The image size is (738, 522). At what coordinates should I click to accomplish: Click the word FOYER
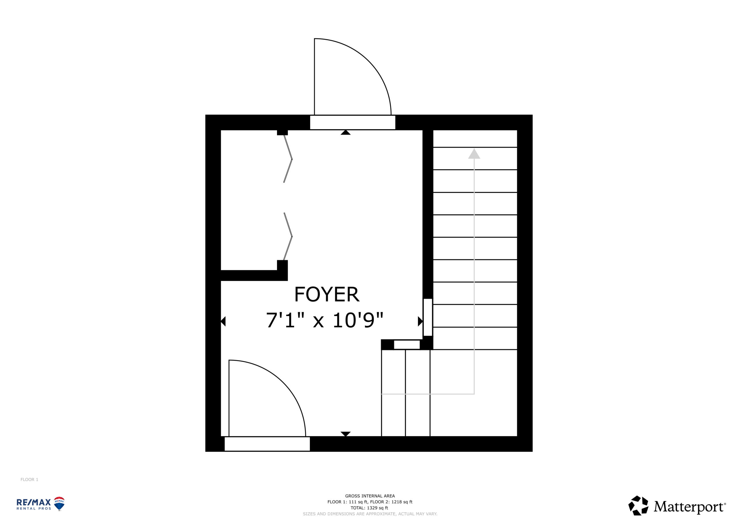[x=327, y=294]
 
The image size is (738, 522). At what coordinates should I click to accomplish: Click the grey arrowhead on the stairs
[x=474, y=153]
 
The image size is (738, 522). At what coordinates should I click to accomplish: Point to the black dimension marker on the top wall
[x=346, y=132]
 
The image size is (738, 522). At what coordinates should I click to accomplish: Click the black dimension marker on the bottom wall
[x=346, y=434]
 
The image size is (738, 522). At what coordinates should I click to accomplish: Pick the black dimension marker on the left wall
[x=223, y=321]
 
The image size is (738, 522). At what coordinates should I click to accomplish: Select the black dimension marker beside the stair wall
[x=420, y=321]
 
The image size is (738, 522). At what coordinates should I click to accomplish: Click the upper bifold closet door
[x=288, y=159]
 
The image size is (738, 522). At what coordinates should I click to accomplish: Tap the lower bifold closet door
[x=288, y=236]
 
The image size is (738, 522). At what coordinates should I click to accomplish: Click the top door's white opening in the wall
[x=353, y=123]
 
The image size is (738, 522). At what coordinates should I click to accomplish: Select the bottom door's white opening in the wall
[x=267, y=444]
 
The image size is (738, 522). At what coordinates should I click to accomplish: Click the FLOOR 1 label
[x=29, y=480]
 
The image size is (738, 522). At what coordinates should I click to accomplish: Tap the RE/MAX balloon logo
[x=59, y=504]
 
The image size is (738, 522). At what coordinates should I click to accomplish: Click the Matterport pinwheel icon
[x=638, y=506]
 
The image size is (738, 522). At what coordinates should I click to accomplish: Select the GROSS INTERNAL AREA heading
[x=370, y=496]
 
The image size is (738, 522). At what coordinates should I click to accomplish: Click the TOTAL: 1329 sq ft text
[x=369, y=508]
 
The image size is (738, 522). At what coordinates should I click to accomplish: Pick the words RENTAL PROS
[x=34, y=508]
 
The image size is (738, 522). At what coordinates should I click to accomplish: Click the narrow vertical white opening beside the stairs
[x=428, y=317]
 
